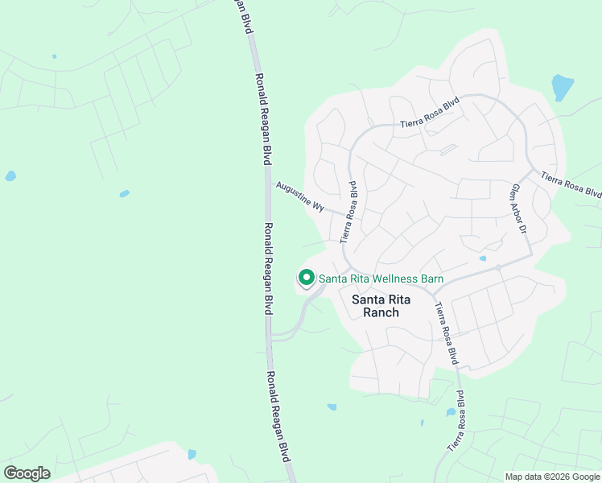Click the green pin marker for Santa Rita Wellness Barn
[307, 278]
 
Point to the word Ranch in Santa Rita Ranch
[381, 312]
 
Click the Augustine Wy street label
[299, 196]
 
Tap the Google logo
[27, 473]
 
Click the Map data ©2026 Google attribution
[553, 477]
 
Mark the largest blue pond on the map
[563, 87]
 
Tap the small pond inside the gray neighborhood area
[482, 258]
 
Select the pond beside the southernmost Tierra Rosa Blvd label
[451, 412]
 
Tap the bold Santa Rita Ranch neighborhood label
[381, 306]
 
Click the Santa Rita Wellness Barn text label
[381, 279]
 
